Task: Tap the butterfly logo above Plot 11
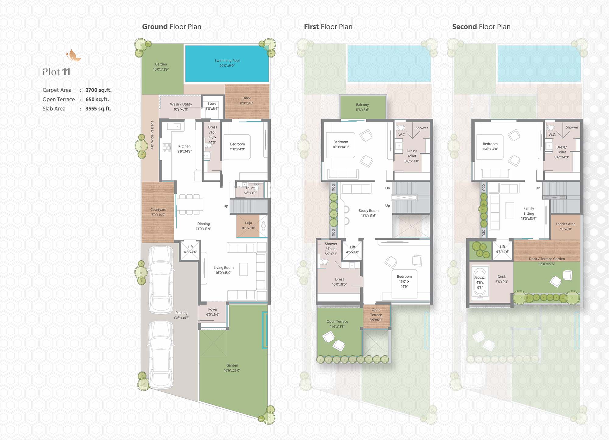[x=74, y=55]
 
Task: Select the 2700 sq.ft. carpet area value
[x=98, y=90]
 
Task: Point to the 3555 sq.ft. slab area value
[x=98, y=109]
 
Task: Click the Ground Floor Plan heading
[x=172, y=27]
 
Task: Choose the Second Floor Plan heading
[x=481, y=27]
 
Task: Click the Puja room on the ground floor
[x=248, y=226]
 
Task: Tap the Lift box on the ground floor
[x=190, y=250]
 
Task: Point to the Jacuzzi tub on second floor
[x=480, y=282]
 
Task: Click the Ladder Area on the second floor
[x=565, y=227]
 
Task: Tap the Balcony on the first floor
[x=362, y=107]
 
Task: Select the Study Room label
[x=368, y=211]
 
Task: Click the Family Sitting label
[x=529, y=211]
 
